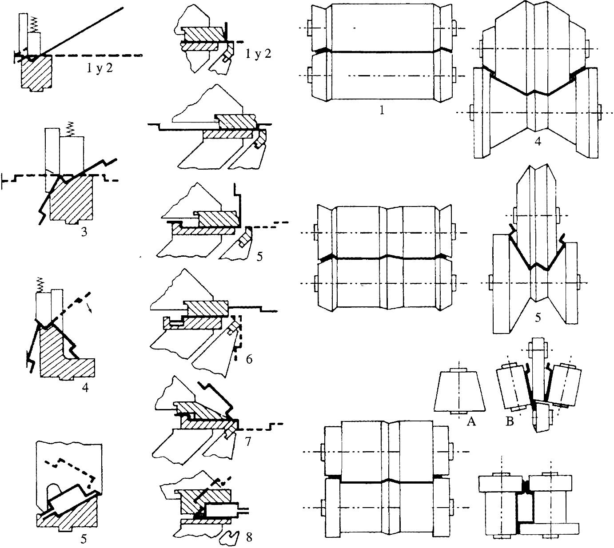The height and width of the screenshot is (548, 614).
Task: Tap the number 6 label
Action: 249,358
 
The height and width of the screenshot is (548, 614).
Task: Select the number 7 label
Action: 247,441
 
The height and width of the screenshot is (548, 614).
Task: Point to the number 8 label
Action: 249,537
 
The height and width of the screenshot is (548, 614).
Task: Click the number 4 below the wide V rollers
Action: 538,143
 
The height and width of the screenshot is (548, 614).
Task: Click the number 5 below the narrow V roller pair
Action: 538,317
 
